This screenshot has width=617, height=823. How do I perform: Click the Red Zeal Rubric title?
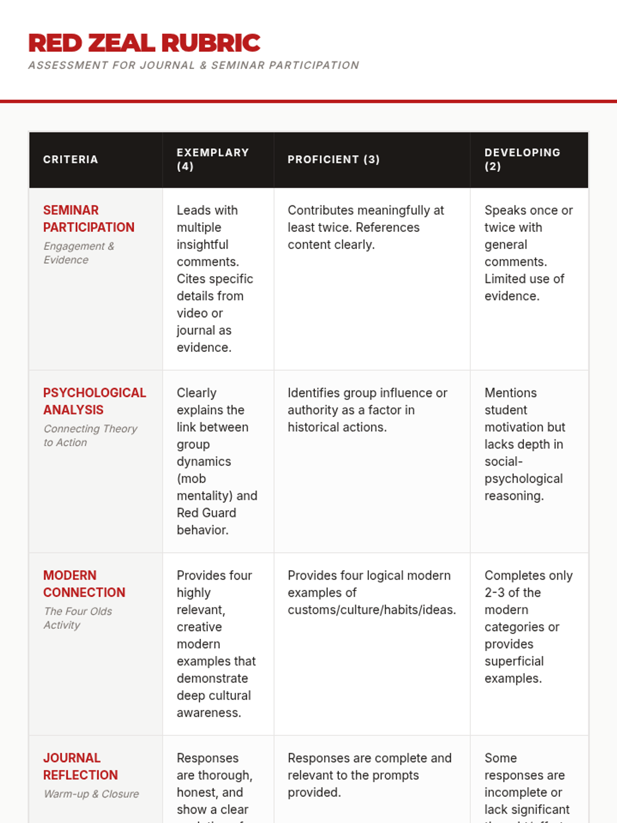click(x=144, y=43)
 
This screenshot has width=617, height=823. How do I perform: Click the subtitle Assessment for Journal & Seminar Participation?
click(x=193, y=65)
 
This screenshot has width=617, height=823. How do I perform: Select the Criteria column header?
click(x=70, y=159)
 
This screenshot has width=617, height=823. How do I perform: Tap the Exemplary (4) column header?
click(x=212, y=159)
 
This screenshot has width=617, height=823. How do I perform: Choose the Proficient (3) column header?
click(x=333, y=159)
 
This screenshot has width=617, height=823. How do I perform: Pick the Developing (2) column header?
click(x=522, y=159)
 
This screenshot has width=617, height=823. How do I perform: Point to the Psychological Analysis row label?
click(x=94, y=401)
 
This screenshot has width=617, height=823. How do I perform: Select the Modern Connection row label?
click(x=84, y=584)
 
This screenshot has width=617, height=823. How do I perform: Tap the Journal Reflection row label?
click(x=80, y=766)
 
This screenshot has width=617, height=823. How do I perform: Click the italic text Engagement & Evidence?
click(x=78, y=253)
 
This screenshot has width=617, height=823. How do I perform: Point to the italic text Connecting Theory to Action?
click(x=90, y=436)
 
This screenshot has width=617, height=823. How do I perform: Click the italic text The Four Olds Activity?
click(x=77, y=618)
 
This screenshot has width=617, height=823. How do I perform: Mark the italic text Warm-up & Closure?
click(x=91, y=794)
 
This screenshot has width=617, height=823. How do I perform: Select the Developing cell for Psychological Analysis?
click(x=524, y=444)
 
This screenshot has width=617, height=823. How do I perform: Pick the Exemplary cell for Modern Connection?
click(x=216, y=644)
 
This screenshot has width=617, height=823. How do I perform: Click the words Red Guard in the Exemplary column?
click(x=206, y=513)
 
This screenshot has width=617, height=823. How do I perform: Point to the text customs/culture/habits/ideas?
click(x=371, y=610)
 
